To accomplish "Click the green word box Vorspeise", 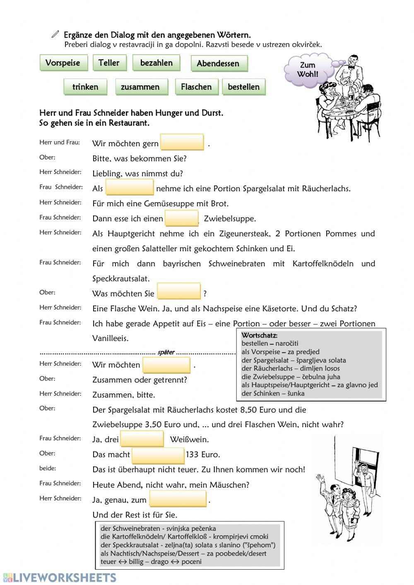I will (x=63, y=63).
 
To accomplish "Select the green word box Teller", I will (x=109, y=63).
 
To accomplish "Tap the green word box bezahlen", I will (x=156, y=63).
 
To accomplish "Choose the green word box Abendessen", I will (x=218, y=63).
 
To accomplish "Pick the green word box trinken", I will (x=85, y=87).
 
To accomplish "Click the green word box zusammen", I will (x=141, y=87).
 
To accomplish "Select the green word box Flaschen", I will (x=196, y=87).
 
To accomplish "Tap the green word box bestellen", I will (x=244, y=87).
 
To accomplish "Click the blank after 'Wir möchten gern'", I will (x=182, y=142).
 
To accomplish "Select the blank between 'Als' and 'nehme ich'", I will (x=130, y=187).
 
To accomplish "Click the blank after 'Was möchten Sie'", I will (x=179, y=291).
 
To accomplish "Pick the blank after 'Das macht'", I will (x=158, y=455).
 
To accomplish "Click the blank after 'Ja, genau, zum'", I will (x=178, y=499).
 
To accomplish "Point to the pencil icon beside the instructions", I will (x=55, y=35).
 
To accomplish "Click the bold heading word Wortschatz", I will (x=259, y=335).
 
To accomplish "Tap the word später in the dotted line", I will (x=166, y=352).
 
